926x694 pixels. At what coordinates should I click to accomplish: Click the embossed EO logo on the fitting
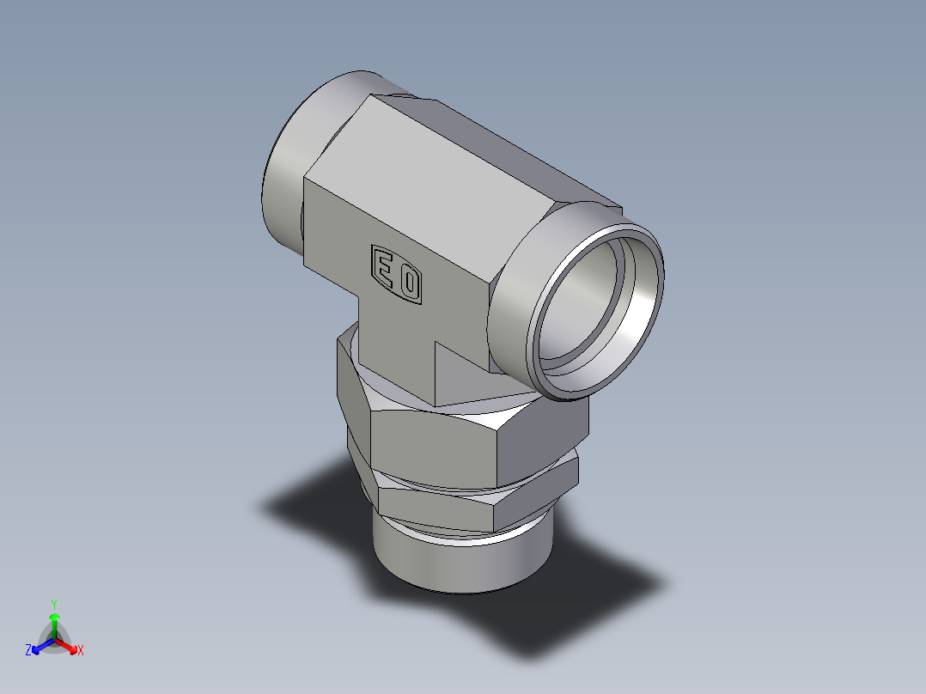(x=397, y=274)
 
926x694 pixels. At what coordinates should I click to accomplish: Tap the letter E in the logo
(x=384, y=267)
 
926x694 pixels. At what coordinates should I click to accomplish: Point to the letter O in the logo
(x=410, y=282)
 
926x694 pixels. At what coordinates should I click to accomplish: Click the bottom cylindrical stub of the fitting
(x=460, y=563)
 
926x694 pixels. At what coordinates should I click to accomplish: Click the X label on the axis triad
(x=81, y=651)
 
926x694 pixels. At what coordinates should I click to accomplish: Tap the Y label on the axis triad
(x=54, y=604)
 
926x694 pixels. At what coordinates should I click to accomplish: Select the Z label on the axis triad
(x=28, y=651)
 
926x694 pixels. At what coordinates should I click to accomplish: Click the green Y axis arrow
(x=54, y=623)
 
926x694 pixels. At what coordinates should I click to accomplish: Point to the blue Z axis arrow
(x=41, y=645)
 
